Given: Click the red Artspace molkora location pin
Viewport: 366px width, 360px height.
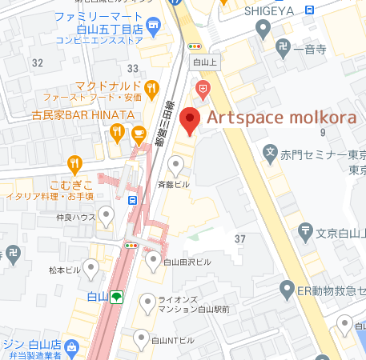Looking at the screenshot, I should (189, 121).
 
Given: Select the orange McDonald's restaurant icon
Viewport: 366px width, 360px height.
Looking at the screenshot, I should (150, 87).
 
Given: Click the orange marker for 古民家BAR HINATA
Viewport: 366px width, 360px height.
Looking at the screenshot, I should (117, 133).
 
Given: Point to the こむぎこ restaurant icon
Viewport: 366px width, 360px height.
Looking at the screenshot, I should (75, 164).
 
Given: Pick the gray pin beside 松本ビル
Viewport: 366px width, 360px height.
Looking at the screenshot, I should (92, 267).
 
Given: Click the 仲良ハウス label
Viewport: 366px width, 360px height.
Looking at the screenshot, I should (77, 216).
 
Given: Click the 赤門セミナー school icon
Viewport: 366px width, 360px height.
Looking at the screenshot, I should (271, 153).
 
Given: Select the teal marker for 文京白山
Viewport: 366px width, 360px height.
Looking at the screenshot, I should (306, 232).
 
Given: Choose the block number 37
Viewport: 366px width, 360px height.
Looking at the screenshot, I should (239, 239).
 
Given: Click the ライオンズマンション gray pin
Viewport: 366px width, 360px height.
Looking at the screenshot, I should (147, 302).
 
